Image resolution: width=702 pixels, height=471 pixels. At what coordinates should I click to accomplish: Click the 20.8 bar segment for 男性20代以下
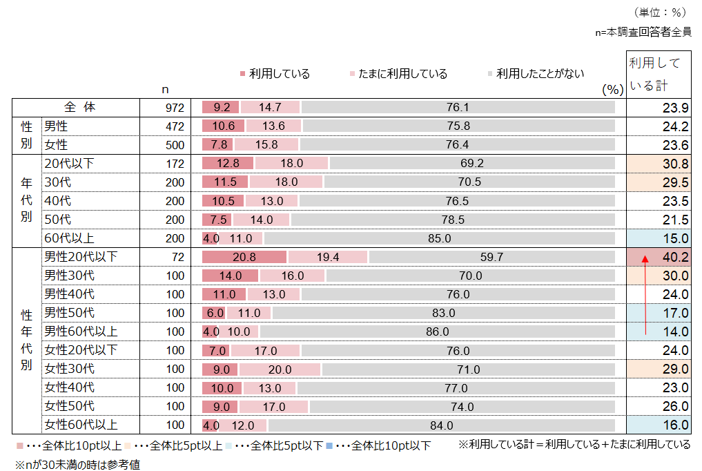[244, 257]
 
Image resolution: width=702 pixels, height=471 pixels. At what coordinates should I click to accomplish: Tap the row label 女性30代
[70, 369]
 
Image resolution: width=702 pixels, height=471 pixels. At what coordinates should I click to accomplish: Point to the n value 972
[175, 108]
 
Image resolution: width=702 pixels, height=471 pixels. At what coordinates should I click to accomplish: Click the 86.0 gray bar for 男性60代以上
[438, 331]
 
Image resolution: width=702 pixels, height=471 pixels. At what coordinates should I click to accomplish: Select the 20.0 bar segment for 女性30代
[280, 369]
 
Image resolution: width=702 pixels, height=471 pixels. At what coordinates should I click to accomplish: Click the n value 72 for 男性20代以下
[178, 257]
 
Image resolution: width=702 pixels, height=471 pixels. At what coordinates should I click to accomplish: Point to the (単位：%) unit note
[659, 12]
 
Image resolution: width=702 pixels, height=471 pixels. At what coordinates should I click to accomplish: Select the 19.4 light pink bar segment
[328, 257]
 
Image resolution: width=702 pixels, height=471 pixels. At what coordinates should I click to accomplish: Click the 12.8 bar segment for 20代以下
[228, 164]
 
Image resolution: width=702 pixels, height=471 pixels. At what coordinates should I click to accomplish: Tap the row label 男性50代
[70, 313]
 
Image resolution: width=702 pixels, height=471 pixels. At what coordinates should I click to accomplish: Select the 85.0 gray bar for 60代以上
[439, 238]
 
